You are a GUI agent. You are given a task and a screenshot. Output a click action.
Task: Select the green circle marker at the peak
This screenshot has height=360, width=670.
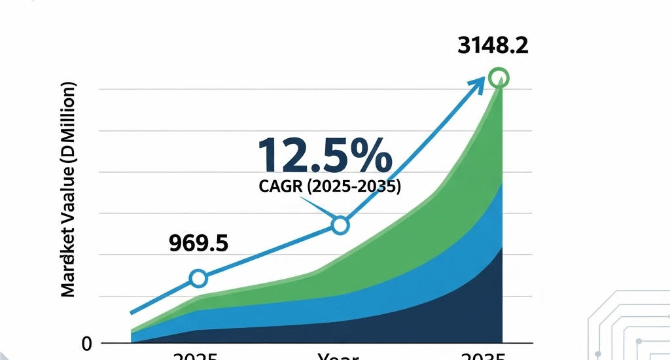[x=499, y=78]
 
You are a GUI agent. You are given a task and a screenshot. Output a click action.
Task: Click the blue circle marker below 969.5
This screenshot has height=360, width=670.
[x=198, y=279]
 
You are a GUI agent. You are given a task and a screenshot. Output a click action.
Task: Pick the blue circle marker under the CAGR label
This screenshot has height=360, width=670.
[x=340, y=225]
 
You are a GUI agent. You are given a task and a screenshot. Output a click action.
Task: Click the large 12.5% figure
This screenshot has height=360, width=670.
[x=325, y=156]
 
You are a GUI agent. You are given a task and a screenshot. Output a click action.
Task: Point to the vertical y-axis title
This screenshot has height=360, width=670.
[x=69, y=190]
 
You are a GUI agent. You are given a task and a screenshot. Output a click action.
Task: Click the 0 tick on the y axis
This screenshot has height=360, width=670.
[x=86, y=343]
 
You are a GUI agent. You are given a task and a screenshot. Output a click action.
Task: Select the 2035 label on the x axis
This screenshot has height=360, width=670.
[x=482, y=356]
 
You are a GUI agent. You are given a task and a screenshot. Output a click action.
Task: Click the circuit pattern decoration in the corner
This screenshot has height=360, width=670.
[x=628, y=327]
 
